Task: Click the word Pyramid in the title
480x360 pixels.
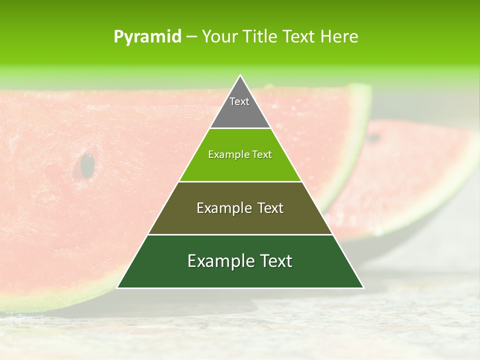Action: [147, 37]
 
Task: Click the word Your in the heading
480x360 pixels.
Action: [217, 37]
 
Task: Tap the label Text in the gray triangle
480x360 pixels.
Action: [239, 101]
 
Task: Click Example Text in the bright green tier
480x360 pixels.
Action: [240, 154]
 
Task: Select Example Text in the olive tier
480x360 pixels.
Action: [240, 208]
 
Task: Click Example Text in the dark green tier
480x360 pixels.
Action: [240, 261]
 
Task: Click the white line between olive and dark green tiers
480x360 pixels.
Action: [240, 234]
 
